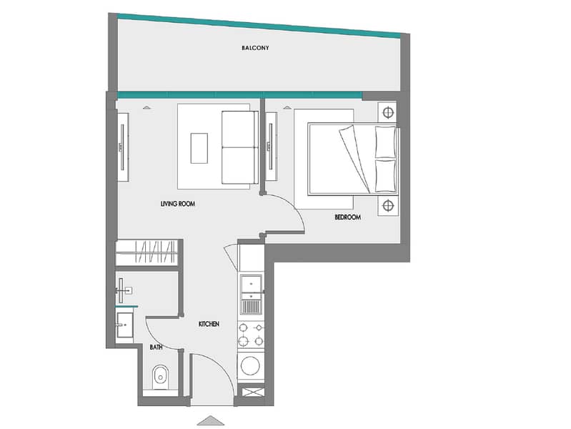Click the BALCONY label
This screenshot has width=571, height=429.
pyautogui.click(x=255, y=48)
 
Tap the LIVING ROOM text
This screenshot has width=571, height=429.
pyautogui.click(x=178, y=204)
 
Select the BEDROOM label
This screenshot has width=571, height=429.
pyautogui.click(x=348, y=217)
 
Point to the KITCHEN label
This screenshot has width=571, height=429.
pyautogui.click(x=209, y=324)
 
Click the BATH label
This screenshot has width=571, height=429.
pyautogui.click(x=156, y=347)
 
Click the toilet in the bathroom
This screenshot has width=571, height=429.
pyautogui.click(x=160, y=376)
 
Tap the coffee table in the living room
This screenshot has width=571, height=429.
pyautogui.click(x=199, y=148)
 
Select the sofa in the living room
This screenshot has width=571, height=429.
pyautogui.click(x=240, y=147)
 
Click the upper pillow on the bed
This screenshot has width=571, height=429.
pyautogui.click(x=385, y=142)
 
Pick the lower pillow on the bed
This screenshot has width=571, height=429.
pyautogui.click(x=385, y=176)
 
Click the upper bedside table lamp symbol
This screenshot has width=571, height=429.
pyautogui.click(x=388, y=113)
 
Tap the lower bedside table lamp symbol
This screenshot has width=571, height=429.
pyautogui.click(x=388, y=206)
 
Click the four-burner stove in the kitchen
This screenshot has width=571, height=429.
pyautogui.click(x=251, y=335)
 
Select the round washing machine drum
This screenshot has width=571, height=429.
pyautogui.click(x=251, y=365)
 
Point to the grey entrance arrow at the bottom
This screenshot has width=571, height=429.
pyautogui.click(x=211, y=420)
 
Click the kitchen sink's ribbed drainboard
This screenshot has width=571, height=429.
pyautogui.click(x=251, y=306)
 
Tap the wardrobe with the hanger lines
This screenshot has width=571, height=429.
pyautogui.click(x=147, y=252)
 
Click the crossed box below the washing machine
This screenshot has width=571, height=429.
pyautogui.click(x=253, y=393)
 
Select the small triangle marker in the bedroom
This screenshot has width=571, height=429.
pyautogui.click(x=287, y=107)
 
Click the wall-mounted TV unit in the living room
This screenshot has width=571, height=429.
pyautogui.click(x=123, y=147)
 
